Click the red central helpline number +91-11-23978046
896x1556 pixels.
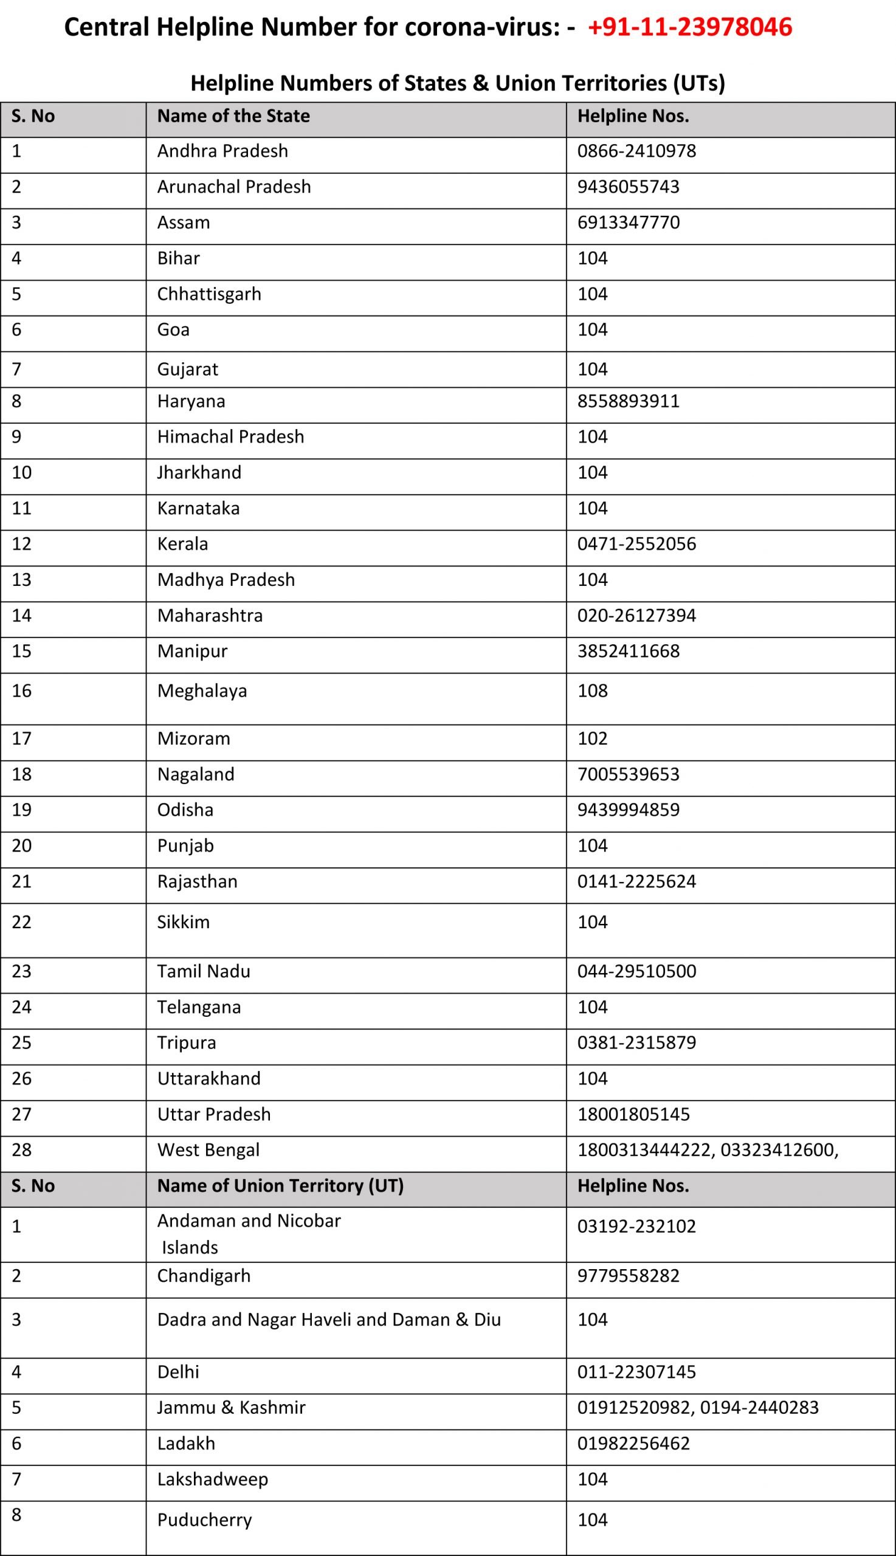coord(690,28)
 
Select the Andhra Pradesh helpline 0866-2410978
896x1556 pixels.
coord(636,151)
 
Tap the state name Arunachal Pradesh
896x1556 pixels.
coord(234,187)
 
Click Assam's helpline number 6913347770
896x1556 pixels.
coord(629,222)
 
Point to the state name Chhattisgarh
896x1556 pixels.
coord(209,294)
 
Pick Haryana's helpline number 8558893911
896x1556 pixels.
coord(629,401)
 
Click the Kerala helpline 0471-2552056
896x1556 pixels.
coord(636,544)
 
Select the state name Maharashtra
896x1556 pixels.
coord(210,615)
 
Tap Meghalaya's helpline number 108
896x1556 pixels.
coord(592,690)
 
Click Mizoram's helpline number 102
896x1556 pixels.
coord(592,738)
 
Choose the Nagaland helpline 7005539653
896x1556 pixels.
coord(629,774)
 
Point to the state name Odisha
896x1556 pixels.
coord(185,810)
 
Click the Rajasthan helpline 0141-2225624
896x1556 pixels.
coord(636,881)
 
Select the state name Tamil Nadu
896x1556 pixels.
coord(204,971)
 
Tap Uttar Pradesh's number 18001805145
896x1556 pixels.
coord(633,1114)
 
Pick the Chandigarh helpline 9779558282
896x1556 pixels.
coord(629,1275)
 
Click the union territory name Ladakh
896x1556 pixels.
coord(186,1443)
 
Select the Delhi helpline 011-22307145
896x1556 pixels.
coord(636,1371)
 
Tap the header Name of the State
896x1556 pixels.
coord(233,116)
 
